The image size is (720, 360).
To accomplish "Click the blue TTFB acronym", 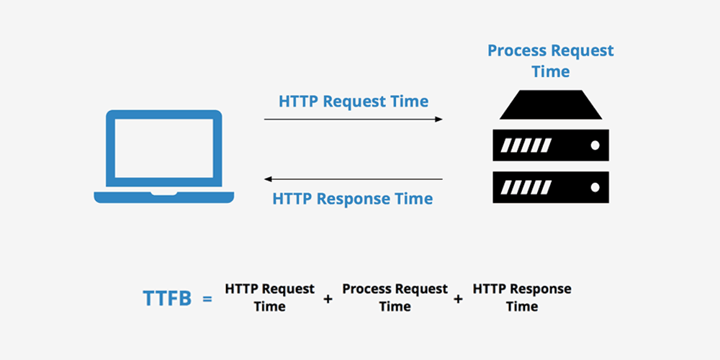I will tap(167, 298).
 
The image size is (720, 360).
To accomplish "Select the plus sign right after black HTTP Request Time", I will tap(328, 298).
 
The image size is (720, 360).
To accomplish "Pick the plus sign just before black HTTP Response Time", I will tap(459, 298).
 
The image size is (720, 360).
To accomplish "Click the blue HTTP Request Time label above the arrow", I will tap(354, 101).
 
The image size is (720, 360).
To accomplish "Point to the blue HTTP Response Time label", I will tap(353, 199).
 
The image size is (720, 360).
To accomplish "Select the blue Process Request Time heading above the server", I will tap(551, 61).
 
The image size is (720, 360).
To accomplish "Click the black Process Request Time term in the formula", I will tap(395, 297).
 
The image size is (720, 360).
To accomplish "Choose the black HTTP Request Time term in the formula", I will tap(269, 297).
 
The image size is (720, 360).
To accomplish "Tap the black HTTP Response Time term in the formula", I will tap(522, 297).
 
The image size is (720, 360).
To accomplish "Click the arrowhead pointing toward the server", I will tap(438, 119).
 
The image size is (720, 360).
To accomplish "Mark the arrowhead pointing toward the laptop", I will tap(269, 179).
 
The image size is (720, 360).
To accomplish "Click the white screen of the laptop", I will tap(164, 150).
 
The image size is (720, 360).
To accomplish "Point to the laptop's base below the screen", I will tap(164, 197).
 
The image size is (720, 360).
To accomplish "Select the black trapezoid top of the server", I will tap(551, 107).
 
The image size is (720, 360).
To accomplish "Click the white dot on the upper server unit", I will tap(595, 145).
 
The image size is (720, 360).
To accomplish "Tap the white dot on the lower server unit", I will tap(595, 187).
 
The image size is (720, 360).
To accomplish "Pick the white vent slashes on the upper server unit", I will tap(526, 145).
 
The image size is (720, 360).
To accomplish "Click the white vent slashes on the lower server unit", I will tap(526, 187).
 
